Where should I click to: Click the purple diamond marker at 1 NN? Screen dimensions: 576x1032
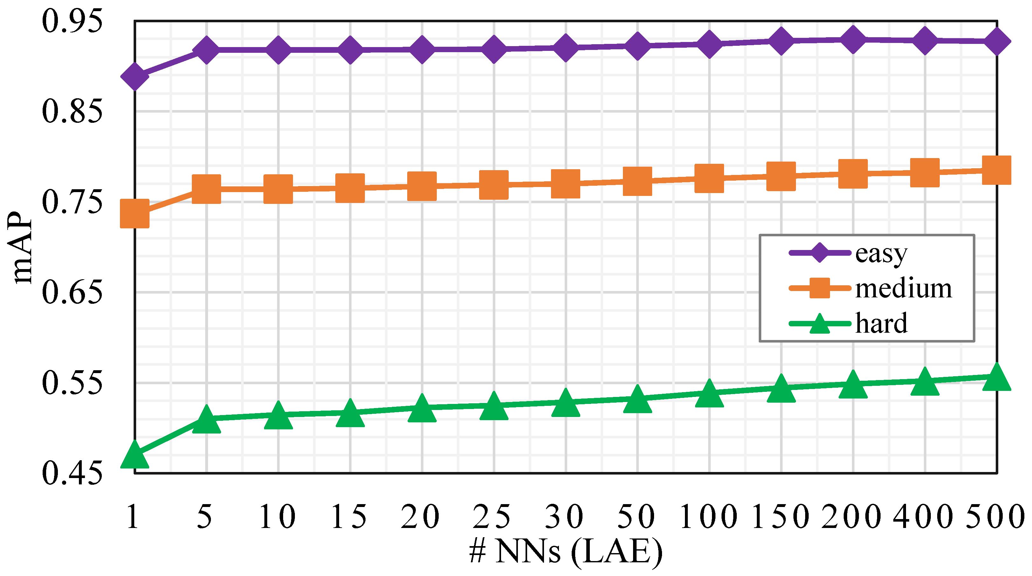click(135, 76)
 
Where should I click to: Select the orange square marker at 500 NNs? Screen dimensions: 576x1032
click(997, 170)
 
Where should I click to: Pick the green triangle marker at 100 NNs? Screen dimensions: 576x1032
click(709, 394)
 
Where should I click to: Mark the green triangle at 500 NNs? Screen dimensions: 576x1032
click(997, 378)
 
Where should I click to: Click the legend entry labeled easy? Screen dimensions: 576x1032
click(881, 253)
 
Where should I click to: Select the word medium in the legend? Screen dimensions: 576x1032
click(903, 288)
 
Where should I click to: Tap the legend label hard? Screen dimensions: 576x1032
click(881, 323)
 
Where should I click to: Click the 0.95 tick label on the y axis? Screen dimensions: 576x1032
click(72, 21)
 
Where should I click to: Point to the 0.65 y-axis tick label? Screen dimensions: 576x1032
click(72, 292)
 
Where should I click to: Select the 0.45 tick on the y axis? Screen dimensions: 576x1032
click(72, 474)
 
